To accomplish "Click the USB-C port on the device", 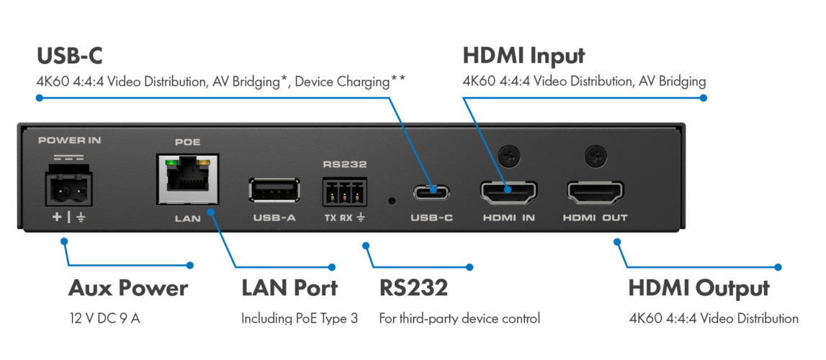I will pos(431,192).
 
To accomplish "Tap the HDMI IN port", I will pos(508,191).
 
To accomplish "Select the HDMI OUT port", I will pos(596,191).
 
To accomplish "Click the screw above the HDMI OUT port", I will pos(596,153).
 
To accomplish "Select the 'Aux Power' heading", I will pos(128,289).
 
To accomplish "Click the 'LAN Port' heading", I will pos(289,289).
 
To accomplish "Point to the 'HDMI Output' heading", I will pos(699,289).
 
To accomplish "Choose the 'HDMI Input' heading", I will pos(524,55).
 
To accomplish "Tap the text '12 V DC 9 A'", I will pos(104,318).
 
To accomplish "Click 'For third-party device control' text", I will pos(459,318).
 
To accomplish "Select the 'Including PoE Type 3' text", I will pos(299,318).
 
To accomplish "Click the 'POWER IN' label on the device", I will pos(69,140).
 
